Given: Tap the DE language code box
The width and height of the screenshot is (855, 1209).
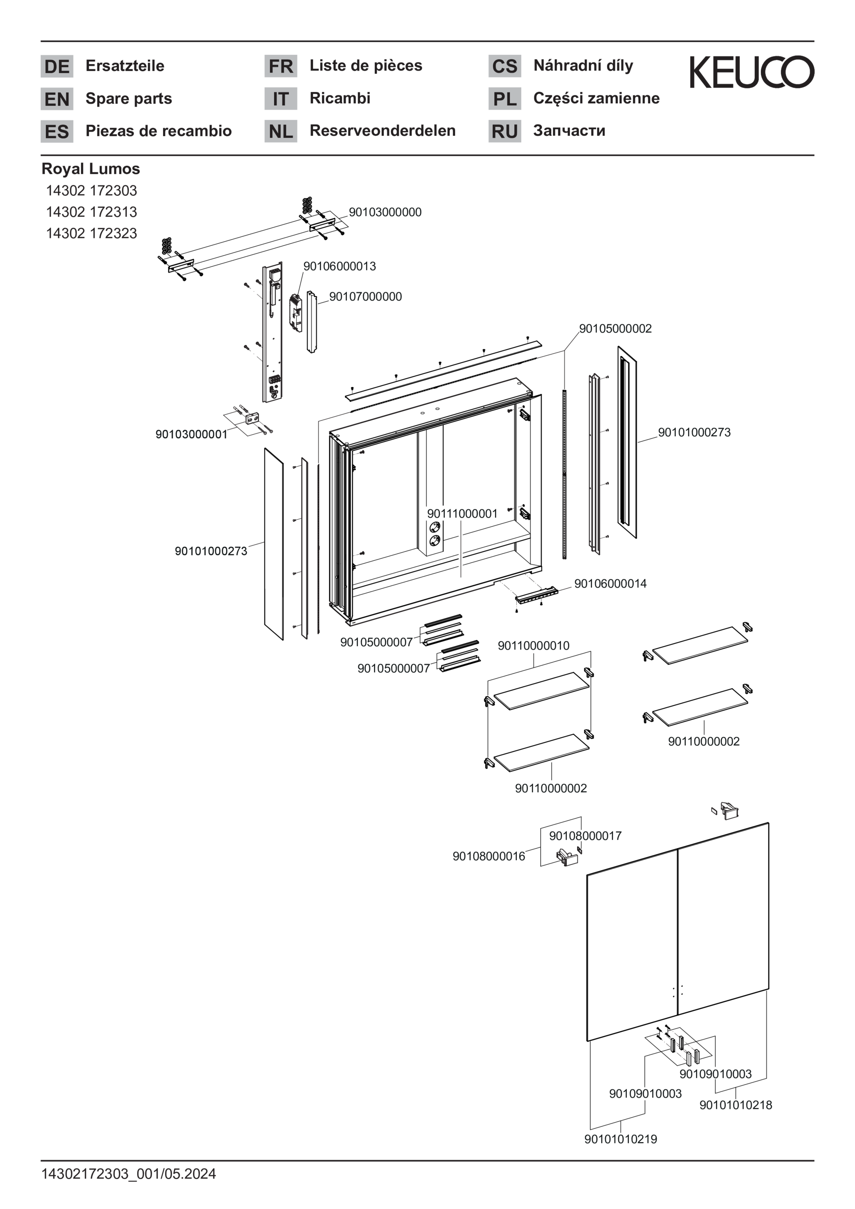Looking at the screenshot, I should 57,66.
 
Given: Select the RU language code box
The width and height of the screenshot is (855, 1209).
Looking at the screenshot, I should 504,131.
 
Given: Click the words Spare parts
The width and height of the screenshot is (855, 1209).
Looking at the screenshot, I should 129,99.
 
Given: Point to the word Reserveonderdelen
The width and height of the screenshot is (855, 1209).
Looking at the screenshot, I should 382,131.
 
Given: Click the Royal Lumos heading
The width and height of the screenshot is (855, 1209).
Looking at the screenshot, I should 90,169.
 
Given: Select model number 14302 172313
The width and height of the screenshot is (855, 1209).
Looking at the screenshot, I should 91,212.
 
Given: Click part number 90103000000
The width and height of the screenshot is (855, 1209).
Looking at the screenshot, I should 385,212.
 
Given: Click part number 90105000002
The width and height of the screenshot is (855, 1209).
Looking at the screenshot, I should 615,328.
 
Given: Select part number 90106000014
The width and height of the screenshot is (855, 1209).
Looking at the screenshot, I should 610,583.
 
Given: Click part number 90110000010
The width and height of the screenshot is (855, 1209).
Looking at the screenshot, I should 534,645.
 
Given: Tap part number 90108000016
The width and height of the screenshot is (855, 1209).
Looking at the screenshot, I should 489,857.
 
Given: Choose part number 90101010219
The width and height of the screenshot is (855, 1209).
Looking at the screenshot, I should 621,1139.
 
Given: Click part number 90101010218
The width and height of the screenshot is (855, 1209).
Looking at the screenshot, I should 735,1105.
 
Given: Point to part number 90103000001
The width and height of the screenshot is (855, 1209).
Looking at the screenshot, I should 191,434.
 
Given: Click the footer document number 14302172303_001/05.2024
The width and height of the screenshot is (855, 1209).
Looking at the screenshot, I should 129,1174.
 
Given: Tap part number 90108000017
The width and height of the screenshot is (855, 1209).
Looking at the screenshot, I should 585,836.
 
